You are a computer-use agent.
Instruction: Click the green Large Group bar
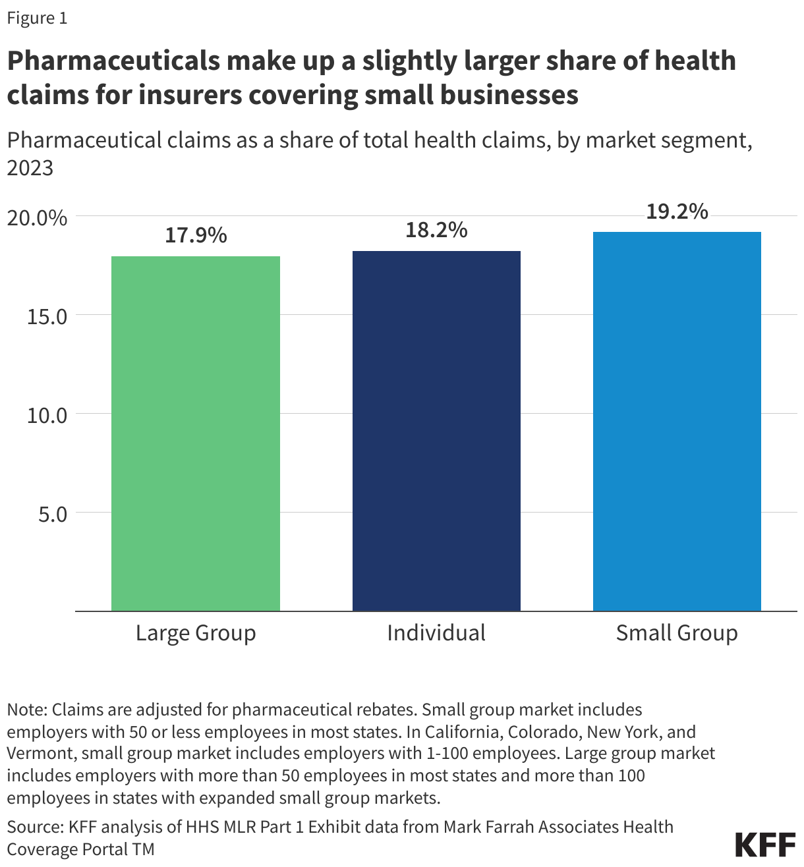[196, 433]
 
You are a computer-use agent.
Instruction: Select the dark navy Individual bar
[436, 431]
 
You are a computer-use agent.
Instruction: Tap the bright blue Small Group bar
[677, 422]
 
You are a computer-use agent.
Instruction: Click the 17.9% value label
[196, 235]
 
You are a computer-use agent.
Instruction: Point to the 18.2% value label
[436, 230]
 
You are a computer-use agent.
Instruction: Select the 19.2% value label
[677, 211]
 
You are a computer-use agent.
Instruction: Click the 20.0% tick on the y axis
[37, 217]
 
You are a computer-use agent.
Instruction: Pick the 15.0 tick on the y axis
[47, 316]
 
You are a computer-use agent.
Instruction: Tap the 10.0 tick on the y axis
[47, 415]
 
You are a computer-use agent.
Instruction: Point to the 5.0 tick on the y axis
[53, 514]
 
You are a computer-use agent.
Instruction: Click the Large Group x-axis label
[196, 633]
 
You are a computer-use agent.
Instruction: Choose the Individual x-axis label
[436, 633]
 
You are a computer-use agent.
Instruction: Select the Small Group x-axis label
[677, 633]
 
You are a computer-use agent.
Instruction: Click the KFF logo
[764, 845]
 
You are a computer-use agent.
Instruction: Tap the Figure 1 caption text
[37, 18]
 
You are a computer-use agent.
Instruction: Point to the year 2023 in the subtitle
[30, 168]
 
